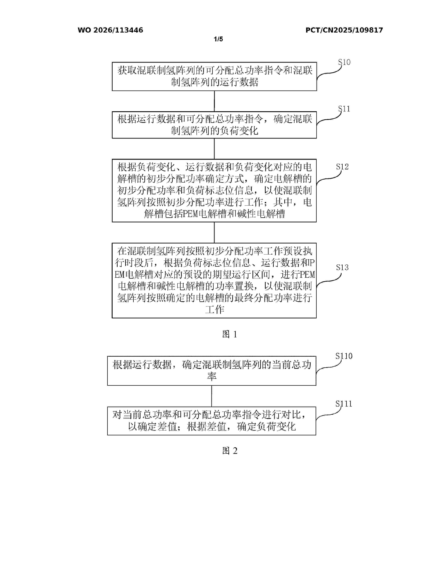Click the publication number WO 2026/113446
point(110,30)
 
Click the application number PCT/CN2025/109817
point(344,30)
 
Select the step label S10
point(344,62)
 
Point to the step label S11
point(344,109)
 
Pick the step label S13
point(342,268)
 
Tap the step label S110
point(344,356)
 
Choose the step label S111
point(344,404)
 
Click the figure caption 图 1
point(230,334)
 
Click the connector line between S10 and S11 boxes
point(214,101)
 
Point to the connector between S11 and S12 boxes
point(214,148)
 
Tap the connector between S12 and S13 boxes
point(214,232)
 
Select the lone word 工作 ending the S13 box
point(214,310)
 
